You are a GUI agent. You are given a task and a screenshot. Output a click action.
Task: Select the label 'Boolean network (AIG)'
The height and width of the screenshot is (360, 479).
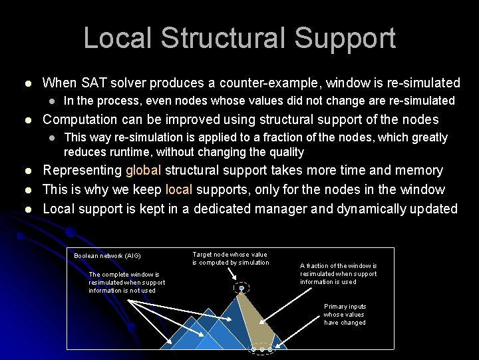(107, 256)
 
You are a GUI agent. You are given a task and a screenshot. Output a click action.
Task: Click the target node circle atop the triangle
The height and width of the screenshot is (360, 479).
(241, 288)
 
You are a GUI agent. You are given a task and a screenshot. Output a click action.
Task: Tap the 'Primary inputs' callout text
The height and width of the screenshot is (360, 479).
(345, 314)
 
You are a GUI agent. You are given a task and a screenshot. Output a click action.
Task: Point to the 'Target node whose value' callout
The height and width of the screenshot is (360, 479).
(230, 259)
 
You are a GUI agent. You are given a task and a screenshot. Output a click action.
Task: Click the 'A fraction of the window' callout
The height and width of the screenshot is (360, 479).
(338, 273)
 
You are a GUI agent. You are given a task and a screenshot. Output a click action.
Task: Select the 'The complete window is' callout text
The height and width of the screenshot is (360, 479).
(126, 282)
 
